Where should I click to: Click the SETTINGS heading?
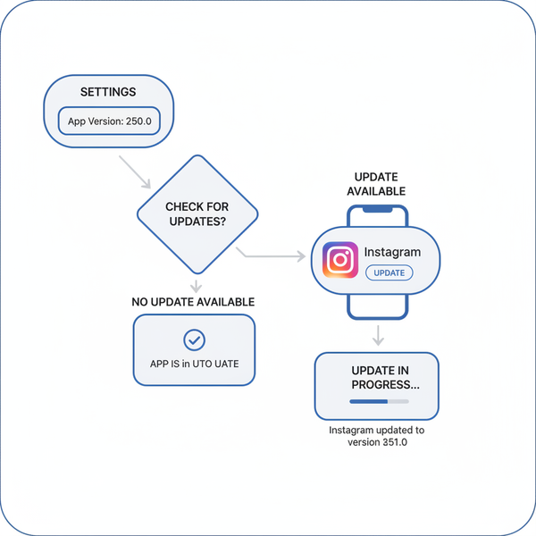[109, 92]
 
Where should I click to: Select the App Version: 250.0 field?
[109, 121]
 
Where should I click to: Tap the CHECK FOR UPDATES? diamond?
[197, 214]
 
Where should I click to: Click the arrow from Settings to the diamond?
[135, 172]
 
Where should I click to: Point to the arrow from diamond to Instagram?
[272, 257]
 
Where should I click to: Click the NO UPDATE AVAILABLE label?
[193, 303]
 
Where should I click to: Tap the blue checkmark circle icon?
[194, 339]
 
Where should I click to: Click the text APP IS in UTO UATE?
[194, 365]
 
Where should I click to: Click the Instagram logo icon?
[340, 261]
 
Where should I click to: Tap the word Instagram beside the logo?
[392, 253]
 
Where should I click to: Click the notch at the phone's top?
[377, 211]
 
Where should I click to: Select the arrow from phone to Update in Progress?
[378, 335]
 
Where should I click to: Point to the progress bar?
[376, 402]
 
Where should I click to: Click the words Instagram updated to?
[376, 430]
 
